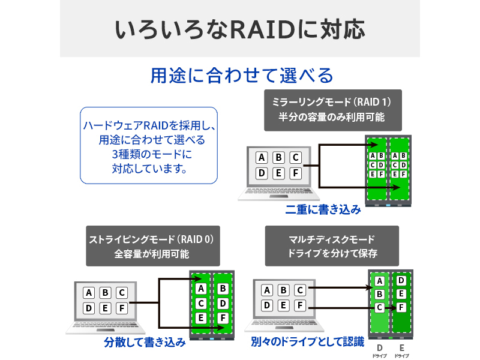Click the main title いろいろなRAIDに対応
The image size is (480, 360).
(x=239, y=28)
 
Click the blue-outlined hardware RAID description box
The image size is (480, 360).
(x=148, y=146)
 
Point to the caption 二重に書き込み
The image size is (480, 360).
(x=323, y=210)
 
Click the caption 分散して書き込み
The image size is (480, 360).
(x=145, y=343)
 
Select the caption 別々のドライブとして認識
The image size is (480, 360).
(x=308, y=343)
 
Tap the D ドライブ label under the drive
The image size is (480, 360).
(x=379, y=350)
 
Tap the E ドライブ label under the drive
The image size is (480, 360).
(x=401, y=350)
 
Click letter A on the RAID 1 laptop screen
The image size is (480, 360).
(x=261, y=158)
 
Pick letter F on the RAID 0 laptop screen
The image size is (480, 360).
(x=121, y=308)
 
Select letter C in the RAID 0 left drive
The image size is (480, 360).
(x=201, y=304)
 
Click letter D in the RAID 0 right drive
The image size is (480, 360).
(x=223, y=304)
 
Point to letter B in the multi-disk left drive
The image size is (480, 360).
(x=379, y=294)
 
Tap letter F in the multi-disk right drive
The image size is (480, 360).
(x=401, y=307)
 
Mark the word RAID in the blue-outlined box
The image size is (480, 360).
(x=155, y=125)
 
